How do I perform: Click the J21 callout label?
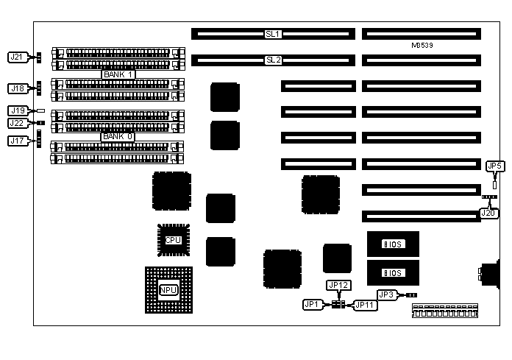pos(18,57)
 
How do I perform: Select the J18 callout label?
pos(18,88)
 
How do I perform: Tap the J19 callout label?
pos(18,110)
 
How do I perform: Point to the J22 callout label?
pos(18,123)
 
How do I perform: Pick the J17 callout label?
pos(18,140)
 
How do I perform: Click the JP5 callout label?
pos(495,166)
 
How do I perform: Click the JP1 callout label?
pos(312,304)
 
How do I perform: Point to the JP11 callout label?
pos(366,304)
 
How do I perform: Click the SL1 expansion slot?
pos(273,34)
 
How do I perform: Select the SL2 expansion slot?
pos(273,60)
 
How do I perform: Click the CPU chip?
pos(173,240)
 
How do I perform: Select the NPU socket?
pos(168,290)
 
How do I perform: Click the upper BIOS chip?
pos(393,244)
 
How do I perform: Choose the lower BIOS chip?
pos(393,272)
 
